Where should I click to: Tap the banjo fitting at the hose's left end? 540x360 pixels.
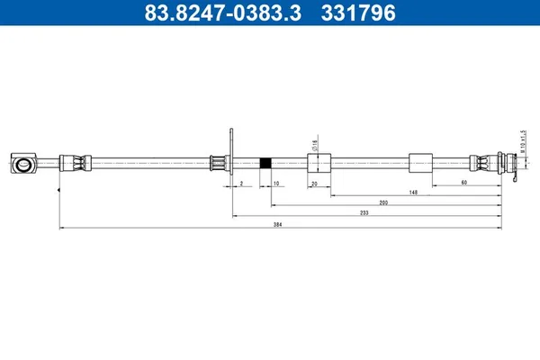pos(23,164)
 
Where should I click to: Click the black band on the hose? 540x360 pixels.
pos(265,164)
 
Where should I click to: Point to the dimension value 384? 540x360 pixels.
pos(276,224)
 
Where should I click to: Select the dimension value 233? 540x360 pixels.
pos(364,212)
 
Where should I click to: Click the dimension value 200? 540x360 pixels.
pos(383,202)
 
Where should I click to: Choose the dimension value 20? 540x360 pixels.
pos(314,182)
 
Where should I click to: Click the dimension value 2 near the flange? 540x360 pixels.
pos(241,182)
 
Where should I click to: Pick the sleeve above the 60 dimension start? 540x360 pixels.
pos(420,164)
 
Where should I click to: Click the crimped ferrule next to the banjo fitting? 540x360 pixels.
pos(74,164)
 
